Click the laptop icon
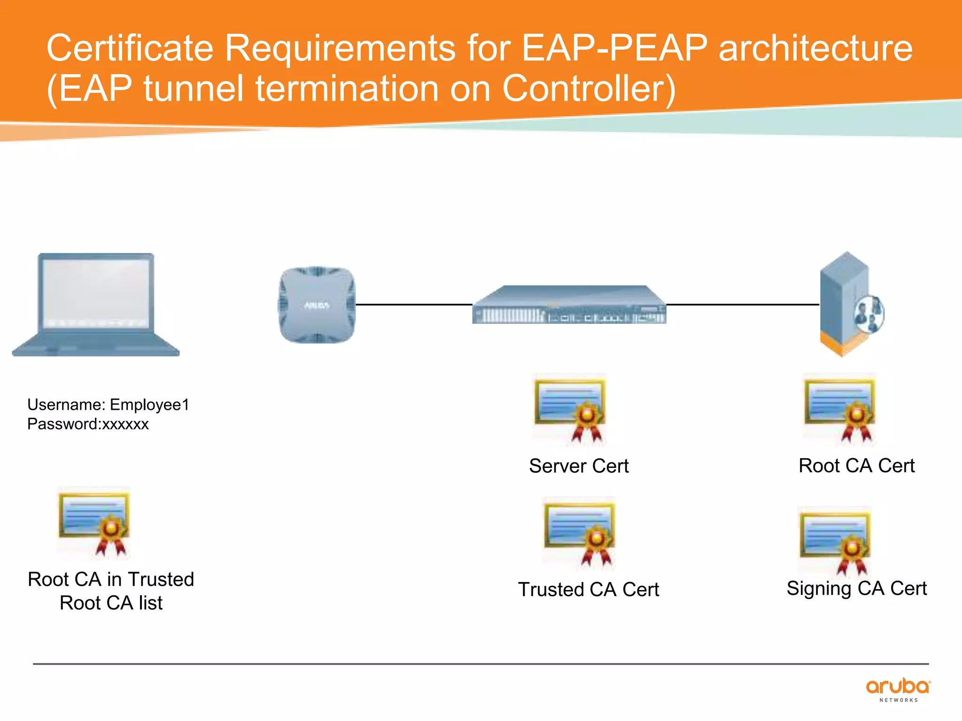point(96,305)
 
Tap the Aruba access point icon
point(317,305)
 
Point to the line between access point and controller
point(413,305)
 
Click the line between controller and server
point(742,305)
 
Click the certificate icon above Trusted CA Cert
point(579,532)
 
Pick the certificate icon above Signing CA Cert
point(835,542)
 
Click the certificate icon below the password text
point(94,522)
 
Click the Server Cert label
point(579,466)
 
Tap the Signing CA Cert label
point(856,589)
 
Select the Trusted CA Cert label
point(588,590)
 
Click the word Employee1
point(149,405)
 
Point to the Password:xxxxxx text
point(88,424)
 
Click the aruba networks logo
point(898,690)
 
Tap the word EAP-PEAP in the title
point(614,48)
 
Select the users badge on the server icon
point(870,314)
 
